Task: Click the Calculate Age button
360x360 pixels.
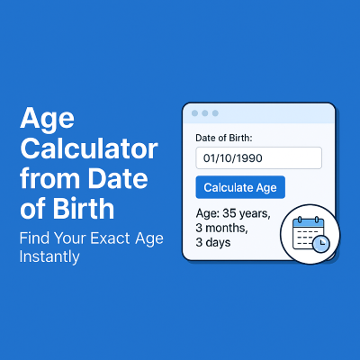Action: [x=240, y=187]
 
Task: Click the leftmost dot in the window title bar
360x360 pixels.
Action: [x=194, y=113]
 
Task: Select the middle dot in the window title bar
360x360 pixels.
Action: [x=205, y=113]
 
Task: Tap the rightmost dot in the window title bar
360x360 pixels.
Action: [x=216, y=113]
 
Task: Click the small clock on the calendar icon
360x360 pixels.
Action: [x=321, y=243]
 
